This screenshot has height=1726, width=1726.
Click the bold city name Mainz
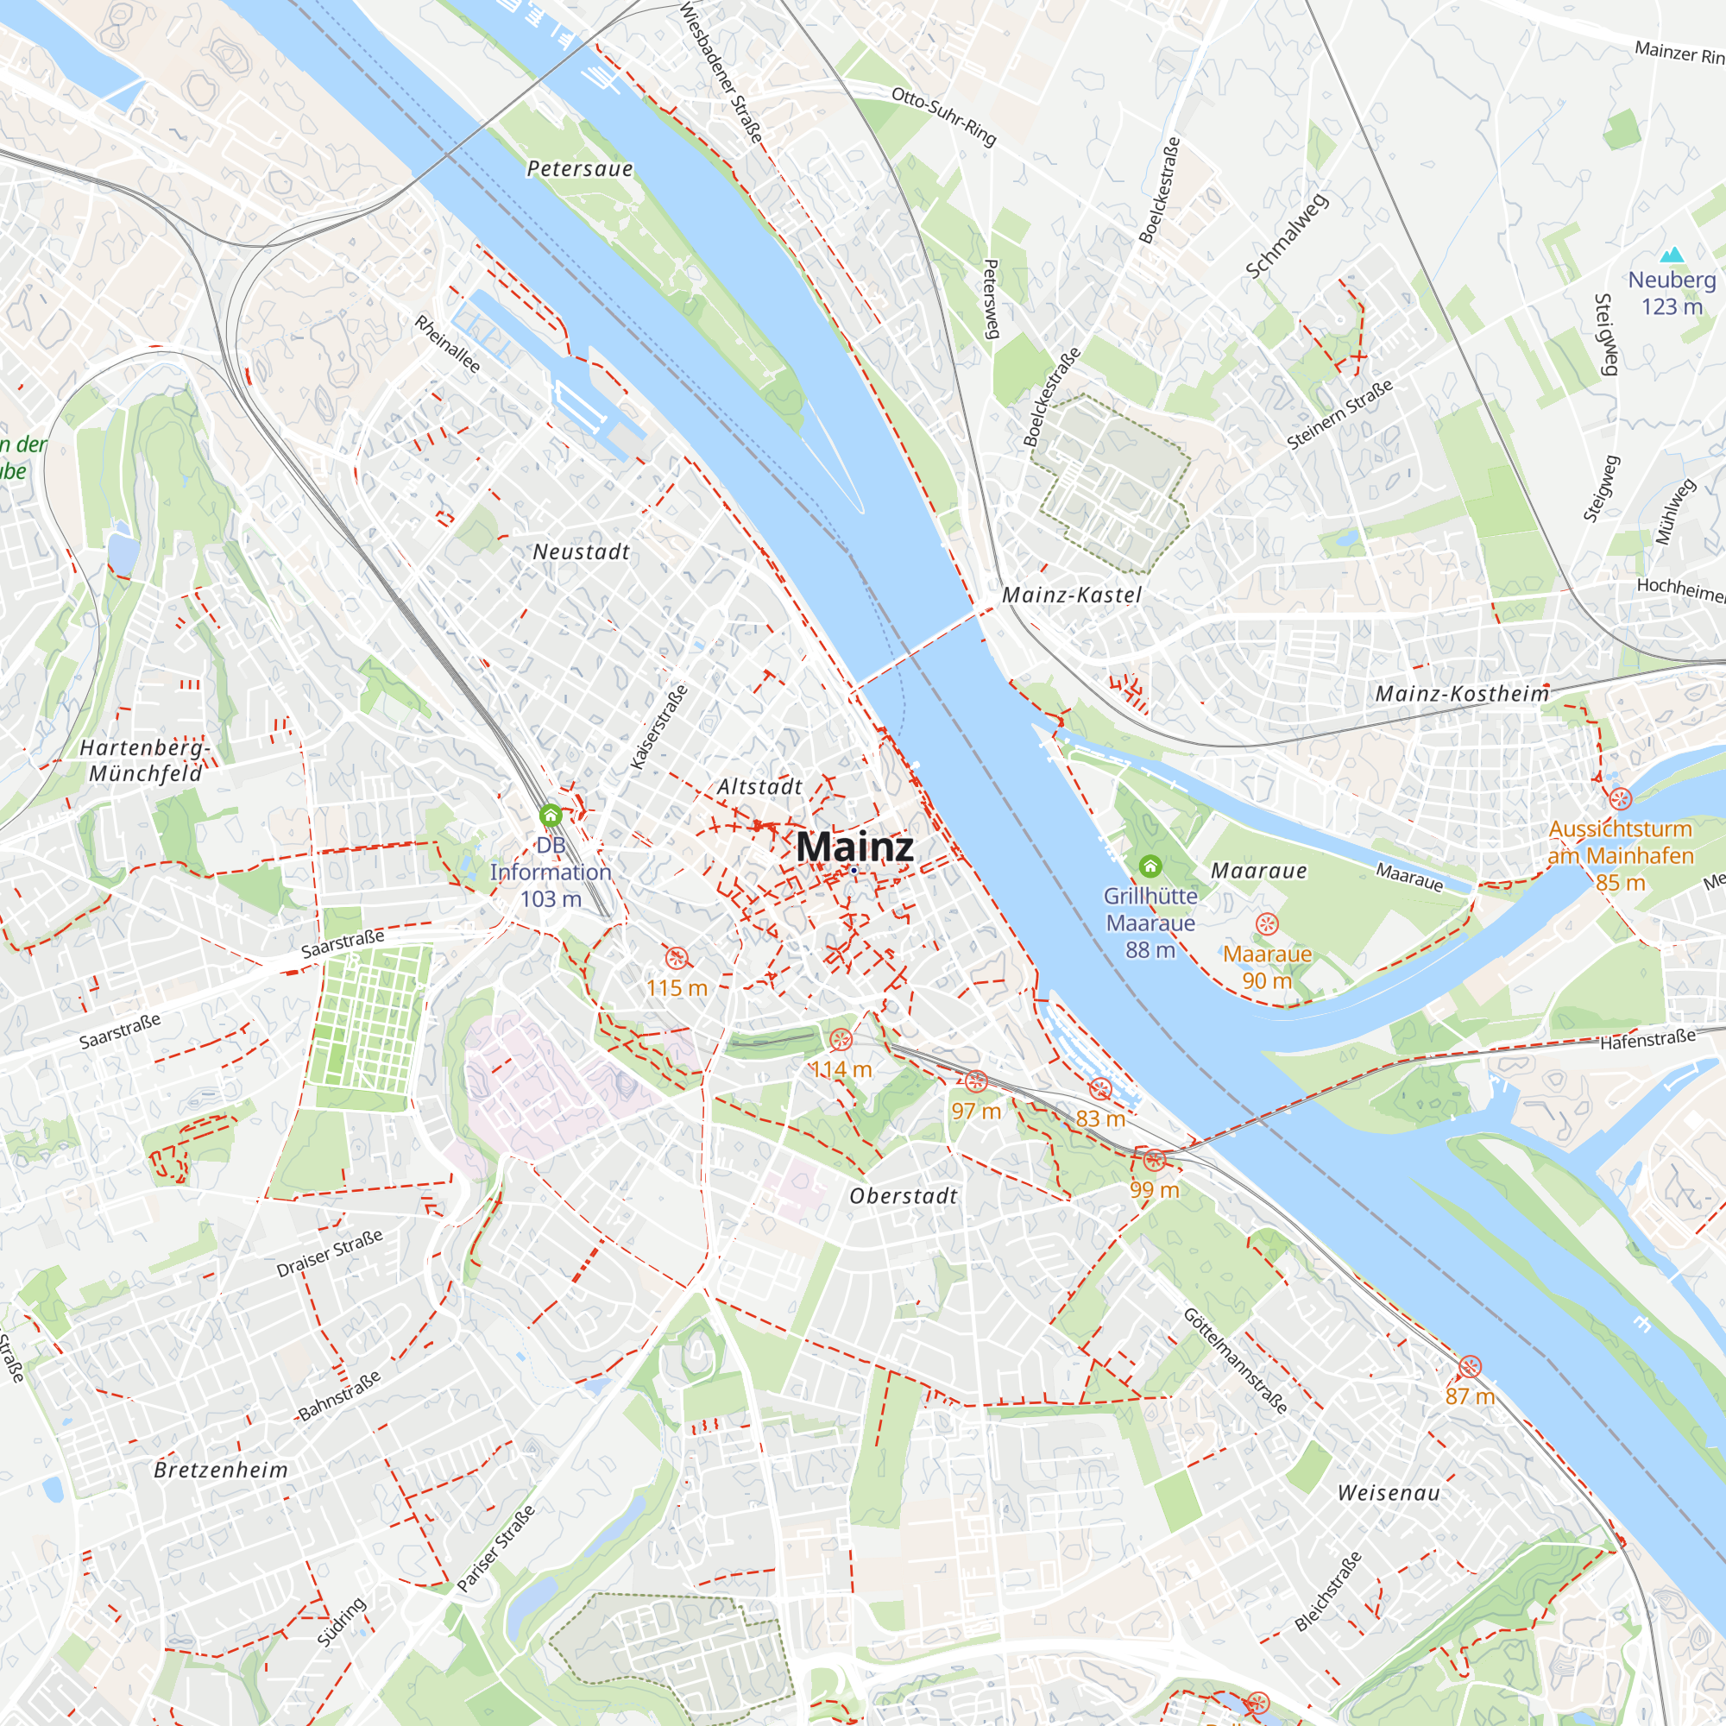[x=854, y=846]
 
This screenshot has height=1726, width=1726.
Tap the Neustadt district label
[x=581, y=552]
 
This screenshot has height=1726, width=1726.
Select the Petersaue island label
[x=579, y=169]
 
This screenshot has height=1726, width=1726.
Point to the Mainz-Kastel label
[x=1071, y=595]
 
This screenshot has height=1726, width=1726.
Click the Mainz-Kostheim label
[x=1462, y=693]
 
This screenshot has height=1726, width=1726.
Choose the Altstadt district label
[x=759, y=786]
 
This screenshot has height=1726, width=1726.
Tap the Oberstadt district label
[x=903, y=1195]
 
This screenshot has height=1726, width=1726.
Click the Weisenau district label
[x=1389, y=1492]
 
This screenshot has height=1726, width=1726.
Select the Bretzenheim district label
[x=221, y=1470]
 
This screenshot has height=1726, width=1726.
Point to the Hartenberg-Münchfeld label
[x=145, y=760]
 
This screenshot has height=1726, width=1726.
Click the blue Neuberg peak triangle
[x=1671, y=255]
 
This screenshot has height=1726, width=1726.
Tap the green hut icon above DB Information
[x=551, y=815]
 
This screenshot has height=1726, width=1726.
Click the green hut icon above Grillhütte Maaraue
[x=1150, y=866]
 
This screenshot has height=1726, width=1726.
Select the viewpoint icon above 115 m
[x=677, y=959]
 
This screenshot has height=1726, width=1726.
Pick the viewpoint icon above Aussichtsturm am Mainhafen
[x=1620, y=797]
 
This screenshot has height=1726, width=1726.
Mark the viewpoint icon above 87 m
[x=1470, y=1366]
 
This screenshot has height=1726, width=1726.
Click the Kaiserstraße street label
[x=659, y=727]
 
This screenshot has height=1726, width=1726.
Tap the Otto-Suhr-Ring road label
[x=943, y=117]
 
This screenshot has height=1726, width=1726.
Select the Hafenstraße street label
[x=1647, y=1039]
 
